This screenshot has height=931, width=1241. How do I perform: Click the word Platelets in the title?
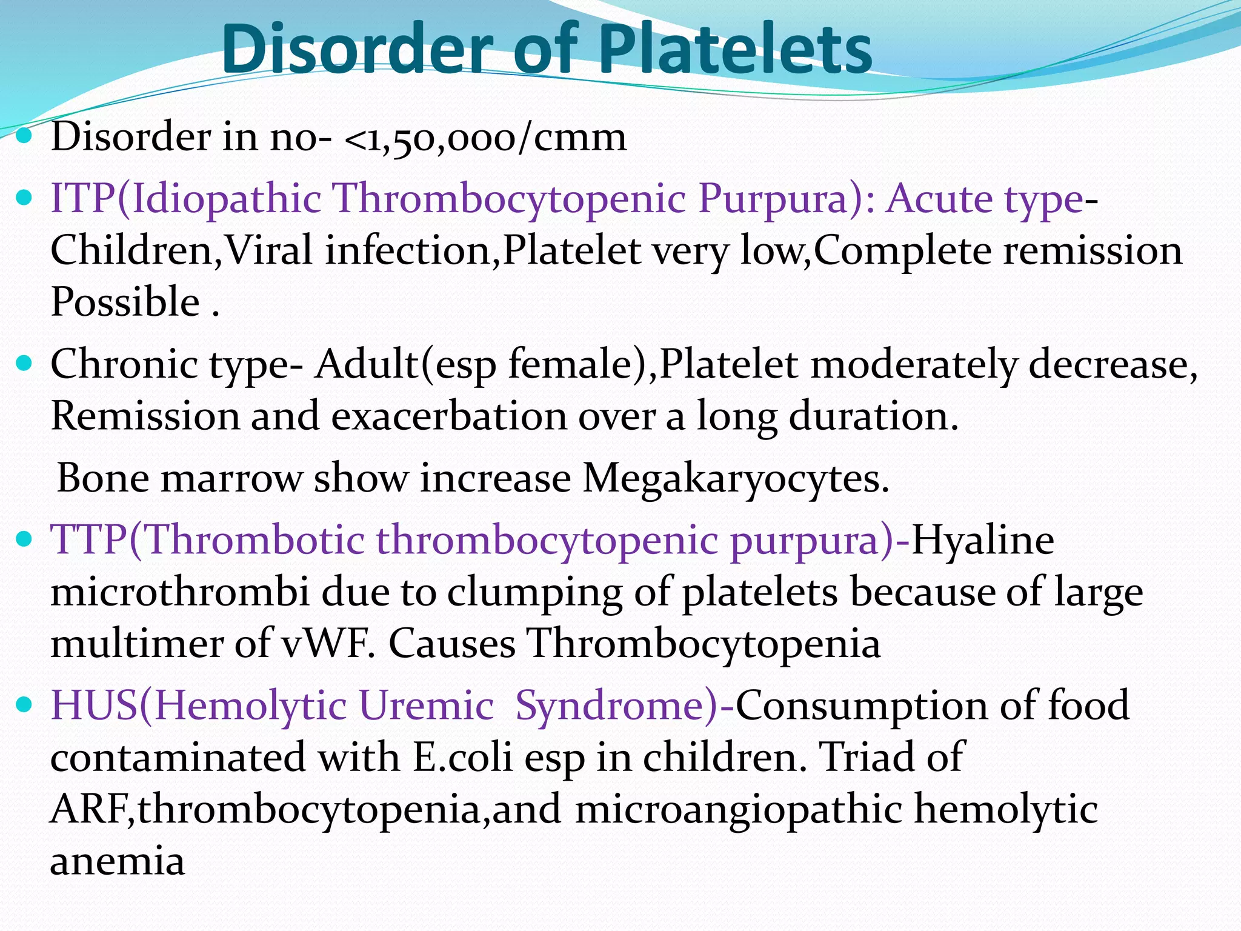click(735, 48)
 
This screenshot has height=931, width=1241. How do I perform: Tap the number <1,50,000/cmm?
click(485, 137)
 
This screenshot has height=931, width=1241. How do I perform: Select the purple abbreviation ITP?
click(83, 198)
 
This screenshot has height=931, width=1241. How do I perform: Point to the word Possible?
click(125, 301)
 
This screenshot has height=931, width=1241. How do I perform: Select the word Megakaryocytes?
click(735, 478)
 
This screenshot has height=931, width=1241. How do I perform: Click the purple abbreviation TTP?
click(88, 539)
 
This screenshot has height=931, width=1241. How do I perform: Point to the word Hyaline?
click(982, 539)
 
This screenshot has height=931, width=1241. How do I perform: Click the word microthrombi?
click(179, 592)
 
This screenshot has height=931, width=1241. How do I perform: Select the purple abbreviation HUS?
click(94, 705)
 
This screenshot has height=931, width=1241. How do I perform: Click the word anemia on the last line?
click(117, 861)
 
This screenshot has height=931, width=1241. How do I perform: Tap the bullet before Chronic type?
click(25, 364)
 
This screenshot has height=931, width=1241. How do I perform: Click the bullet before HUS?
click(25, 705)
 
